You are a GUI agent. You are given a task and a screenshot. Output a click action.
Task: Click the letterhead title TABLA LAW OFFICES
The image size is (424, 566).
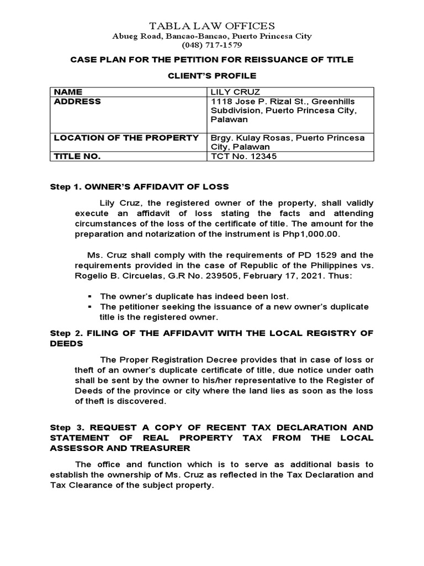click(x=213, y=25)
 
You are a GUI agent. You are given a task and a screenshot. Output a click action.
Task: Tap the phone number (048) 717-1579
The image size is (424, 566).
click(x=213, y=45)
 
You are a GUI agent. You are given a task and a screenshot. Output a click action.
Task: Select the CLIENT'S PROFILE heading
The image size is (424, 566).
click(x=212, y=75)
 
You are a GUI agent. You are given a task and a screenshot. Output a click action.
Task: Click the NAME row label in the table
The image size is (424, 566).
click(x=67, y=92)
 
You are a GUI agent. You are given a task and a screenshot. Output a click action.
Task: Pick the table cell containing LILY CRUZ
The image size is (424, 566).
click(x=230, y=92)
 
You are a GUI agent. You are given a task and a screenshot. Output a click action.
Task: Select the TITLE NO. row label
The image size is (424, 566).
click(x=77, y=156)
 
